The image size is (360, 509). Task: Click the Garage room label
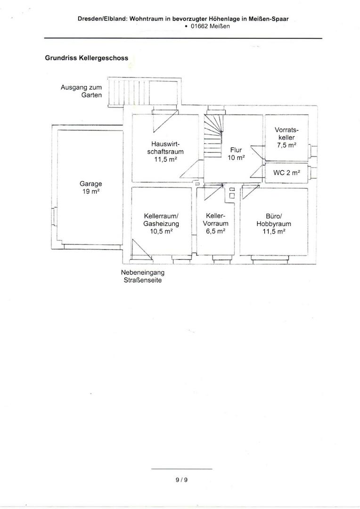pyautogui.click(x=90, y=187)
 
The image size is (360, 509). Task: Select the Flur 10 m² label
pyautogui.click(x=236, y=154)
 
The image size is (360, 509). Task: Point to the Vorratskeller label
pyautogui.click(x=286, y=137)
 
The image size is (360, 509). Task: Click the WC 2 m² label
pyautogui.click(x=286, y=172)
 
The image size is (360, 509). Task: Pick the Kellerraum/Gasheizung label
pyautogui.click(x=161, y=224)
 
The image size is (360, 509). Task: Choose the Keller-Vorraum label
pyautogui.click(x=215, y=223)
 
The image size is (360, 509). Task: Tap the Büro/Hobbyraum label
pyautogui.click(x=274, y=223)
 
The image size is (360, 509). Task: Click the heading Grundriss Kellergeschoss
pyautogui.click(x=86, y=58)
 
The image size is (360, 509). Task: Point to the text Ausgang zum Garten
pyautogui.click(x=81, y=91)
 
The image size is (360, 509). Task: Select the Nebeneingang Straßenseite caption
pyautogui.click(x=142, y=276)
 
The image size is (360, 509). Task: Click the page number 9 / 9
pyautogui.click(x=181, y=480)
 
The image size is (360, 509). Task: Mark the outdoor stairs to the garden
pyautogui.click(x=143, y=92)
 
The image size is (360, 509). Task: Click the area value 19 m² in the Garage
pyautogui.click(x=90, y=191)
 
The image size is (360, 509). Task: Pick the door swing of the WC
pyautogui.click(x=258, y=172)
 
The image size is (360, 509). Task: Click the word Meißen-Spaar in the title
pyautogui.click(x=269, y=19)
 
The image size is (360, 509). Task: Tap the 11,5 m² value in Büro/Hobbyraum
pyautogui.click(x=274, y=231)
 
